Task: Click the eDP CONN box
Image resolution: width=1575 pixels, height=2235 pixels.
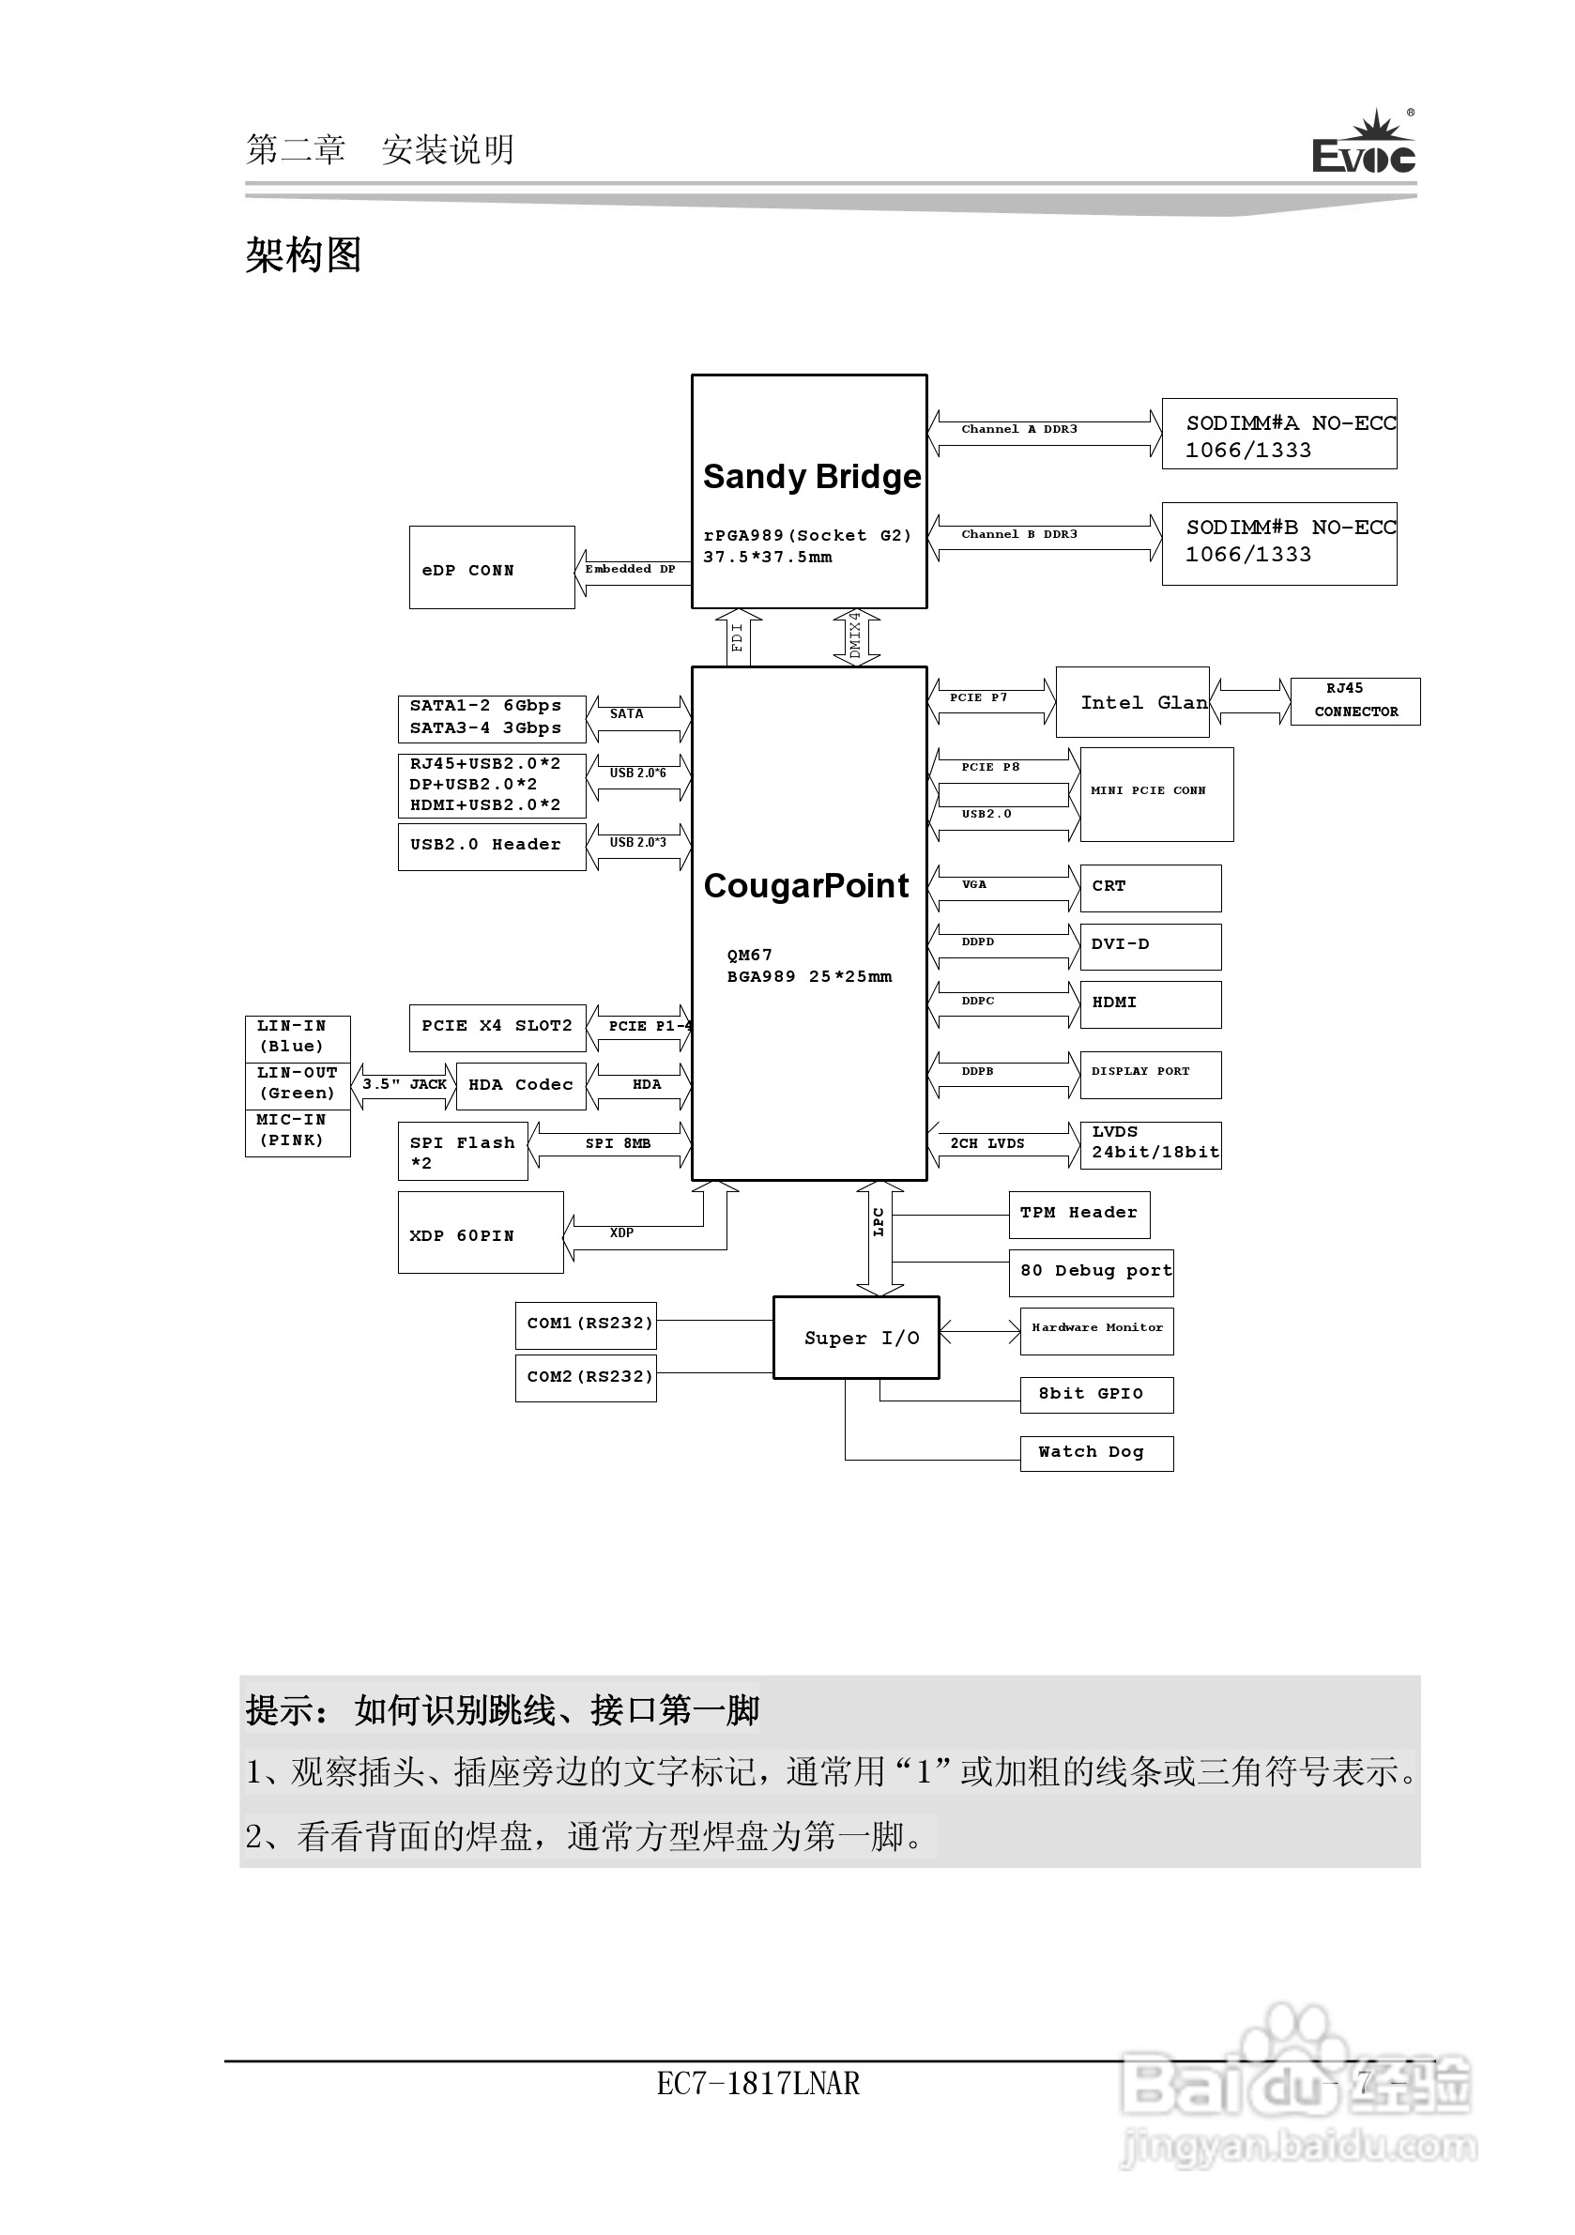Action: (x=492, y=569)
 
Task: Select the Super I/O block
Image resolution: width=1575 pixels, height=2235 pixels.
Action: (x=857, y=1338)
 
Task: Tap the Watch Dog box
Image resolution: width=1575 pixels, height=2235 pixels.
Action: (x=1096, y=1453)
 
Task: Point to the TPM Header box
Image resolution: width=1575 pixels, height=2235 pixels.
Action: (x=1078, y=1214)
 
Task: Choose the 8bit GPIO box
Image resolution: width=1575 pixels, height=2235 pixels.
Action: (x=1096, y=1395)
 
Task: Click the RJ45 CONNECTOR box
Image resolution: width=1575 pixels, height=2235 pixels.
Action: (x=1355, y=701)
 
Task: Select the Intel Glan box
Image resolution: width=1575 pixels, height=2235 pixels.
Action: (x=1133, y=702)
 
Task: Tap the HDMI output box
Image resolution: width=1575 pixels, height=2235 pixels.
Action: (x=1150, y=1003)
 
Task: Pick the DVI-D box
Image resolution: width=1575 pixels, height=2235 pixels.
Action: (x=1150, y=945)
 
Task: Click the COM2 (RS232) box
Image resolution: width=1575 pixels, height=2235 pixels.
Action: (x=586, y=1377)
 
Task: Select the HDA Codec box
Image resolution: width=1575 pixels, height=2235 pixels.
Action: (x=521, y=1085)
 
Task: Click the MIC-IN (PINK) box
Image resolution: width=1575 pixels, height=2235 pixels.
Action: (x=297, y=1132)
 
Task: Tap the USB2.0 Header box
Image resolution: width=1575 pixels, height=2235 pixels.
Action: (x=492, y=846)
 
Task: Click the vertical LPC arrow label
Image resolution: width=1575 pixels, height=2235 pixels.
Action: (x=879, y=1222)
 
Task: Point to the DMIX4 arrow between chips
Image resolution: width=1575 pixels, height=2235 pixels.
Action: (x=856, y=636)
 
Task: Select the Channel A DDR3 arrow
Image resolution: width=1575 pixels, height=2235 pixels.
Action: (x=1045, y=431)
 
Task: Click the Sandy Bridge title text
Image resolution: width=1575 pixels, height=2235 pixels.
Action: (x=812, y=477)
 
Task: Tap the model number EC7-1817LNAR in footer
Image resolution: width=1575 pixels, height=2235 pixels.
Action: (x=757, y=2084)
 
